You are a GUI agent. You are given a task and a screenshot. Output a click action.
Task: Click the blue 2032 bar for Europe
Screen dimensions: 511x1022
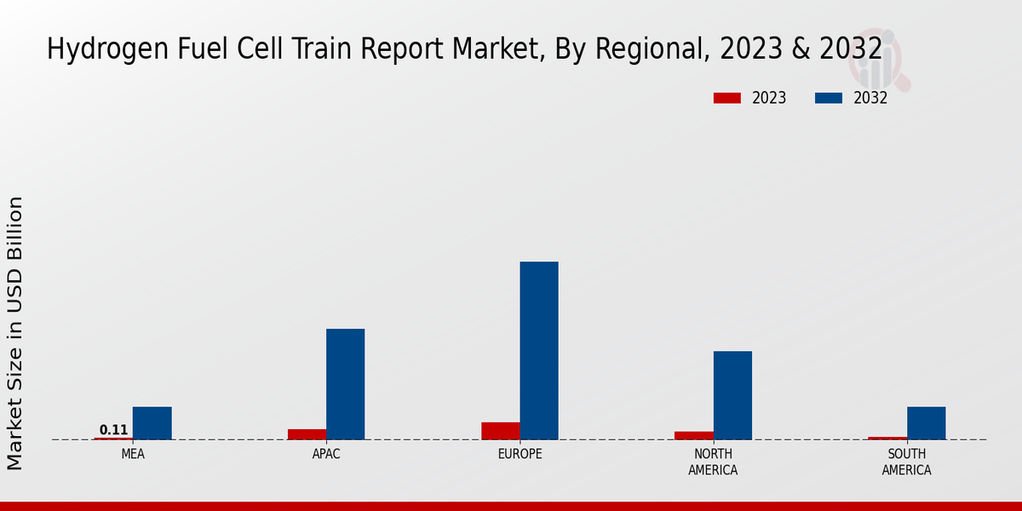[x=539, y=350]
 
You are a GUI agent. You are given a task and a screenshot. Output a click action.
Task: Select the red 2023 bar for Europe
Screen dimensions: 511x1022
[x=500, y=431]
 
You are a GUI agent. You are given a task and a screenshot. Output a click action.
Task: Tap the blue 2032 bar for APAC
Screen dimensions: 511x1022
[x=345, y=384]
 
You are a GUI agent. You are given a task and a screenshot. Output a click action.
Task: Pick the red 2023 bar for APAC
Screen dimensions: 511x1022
[x=307, y=434]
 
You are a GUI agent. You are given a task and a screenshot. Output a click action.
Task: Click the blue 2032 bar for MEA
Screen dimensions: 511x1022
[x=152, y=423]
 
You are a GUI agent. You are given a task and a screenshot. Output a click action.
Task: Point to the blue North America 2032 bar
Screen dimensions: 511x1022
[x=732, y=395]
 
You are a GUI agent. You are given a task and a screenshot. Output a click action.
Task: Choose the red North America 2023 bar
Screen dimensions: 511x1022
[x=693, y=435]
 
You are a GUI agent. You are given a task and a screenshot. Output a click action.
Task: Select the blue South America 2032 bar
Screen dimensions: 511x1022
[x=926, y=423]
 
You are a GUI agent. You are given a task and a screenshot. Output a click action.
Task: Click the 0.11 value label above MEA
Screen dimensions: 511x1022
[x=113, y=430]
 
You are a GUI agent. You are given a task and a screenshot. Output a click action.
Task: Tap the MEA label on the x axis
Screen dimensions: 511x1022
[x=133, y=454]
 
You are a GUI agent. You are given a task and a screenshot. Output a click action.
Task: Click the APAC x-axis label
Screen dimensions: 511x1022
[x=326, y=454]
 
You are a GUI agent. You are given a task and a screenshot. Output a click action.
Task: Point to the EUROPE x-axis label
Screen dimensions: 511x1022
[x=520, y=454]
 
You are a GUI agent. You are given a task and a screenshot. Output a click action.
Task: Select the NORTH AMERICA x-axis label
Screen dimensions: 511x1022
[x=713, y=462]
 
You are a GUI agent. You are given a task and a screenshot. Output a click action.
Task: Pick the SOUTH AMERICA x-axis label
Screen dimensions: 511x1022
[x=906, y=462]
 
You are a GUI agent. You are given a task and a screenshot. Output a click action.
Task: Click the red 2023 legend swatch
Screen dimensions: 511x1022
[x=726, y=98]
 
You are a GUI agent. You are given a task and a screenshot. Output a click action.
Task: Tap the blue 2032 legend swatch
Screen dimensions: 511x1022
[x=828, y=98]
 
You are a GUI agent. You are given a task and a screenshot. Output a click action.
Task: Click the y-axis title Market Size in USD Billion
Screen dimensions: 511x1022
[x=15, y=332]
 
